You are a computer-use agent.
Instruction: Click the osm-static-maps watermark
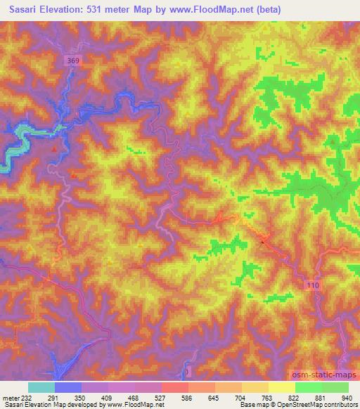pos(324,374)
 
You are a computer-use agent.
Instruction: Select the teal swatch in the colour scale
pos(41,387)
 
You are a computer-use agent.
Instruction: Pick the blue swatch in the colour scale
pos(68,387)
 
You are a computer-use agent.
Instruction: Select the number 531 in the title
pos(98,9)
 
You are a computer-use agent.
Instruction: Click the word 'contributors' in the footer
pos(338,404)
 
